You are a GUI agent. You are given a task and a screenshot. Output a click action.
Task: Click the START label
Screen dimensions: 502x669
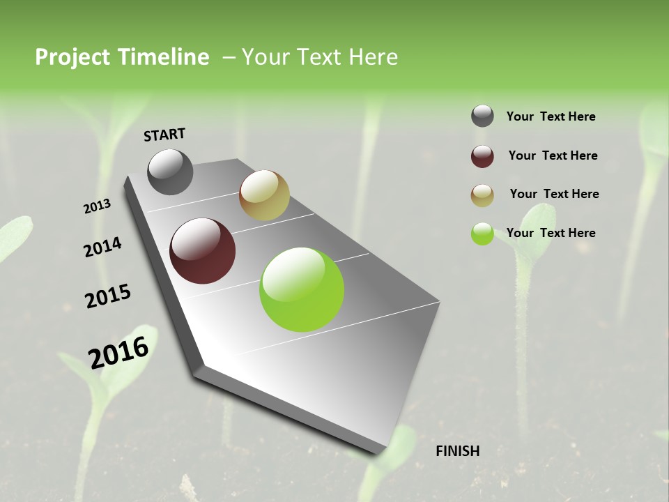point(164,135)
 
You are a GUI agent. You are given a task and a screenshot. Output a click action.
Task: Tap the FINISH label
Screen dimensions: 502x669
point(457,451)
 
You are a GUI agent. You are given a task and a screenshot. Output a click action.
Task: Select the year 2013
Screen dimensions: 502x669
point(97,206)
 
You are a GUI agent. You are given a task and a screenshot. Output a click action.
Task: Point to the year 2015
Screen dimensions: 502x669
point(108,296)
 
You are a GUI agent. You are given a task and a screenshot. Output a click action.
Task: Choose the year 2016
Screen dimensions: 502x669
point(118,353)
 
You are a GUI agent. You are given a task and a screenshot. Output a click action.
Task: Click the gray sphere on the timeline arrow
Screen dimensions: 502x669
point(170,172)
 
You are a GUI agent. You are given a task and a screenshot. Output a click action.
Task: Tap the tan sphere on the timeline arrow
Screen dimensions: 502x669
point(264,195)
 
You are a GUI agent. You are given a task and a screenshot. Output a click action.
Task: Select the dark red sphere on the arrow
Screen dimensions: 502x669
point(203,251)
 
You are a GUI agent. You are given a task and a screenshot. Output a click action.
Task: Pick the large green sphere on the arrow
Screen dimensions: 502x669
point(302,289)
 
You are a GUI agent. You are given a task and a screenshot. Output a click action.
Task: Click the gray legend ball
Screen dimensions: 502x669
point(482,116)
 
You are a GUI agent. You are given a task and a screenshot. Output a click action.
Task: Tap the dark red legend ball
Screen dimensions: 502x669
point(482,156)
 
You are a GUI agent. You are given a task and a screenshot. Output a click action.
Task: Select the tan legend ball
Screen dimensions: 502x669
point(482,195)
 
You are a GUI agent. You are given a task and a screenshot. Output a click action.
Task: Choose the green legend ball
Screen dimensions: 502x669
point(482,234)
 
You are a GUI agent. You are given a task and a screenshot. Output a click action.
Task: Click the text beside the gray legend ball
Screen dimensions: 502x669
point(551,116)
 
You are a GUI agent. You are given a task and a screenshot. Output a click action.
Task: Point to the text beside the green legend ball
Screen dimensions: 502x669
point(551,233)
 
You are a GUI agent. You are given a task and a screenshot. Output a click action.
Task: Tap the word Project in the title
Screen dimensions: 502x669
point(72,57)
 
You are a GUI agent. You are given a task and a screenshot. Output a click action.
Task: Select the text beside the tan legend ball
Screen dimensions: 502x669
point(554,194)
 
